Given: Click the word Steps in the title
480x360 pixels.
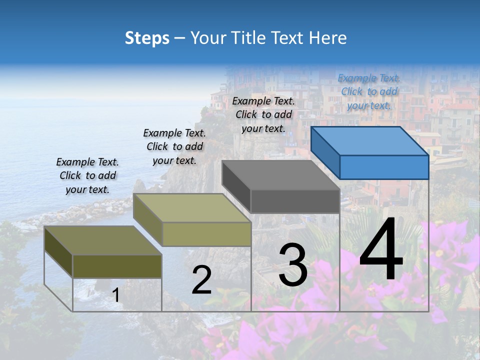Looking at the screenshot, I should click(x=147, y=38).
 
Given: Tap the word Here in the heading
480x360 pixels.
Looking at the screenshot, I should click(x=328, y=38).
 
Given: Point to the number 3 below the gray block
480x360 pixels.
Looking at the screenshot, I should click(x=293, y=265).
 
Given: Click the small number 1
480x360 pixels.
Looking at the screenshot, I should click(x=116, y=295).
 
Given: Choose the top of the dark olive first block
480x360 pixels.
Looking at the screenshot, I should click(x=103, y=240).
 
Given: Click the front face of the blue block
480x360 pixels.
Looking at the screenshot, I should click(x=384, y=167).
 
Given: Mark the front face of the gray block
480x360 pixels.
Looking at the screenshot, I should click(x=295, y=201).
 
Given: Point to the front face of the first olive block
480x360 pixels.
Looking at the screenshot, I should click(x=117, y=266).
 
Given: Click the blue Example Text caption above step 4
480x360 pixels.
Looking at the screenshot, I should click(x=369, y=92).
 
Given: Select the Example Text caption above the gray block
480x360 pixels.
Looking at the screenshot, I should click(x=263, y=115).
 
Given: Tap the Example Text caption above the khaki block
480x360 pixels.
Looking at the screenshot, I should click(x=174, y=146).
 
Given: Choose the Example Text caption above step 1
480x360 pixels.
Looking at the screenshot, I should click(x=87, y=175).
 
